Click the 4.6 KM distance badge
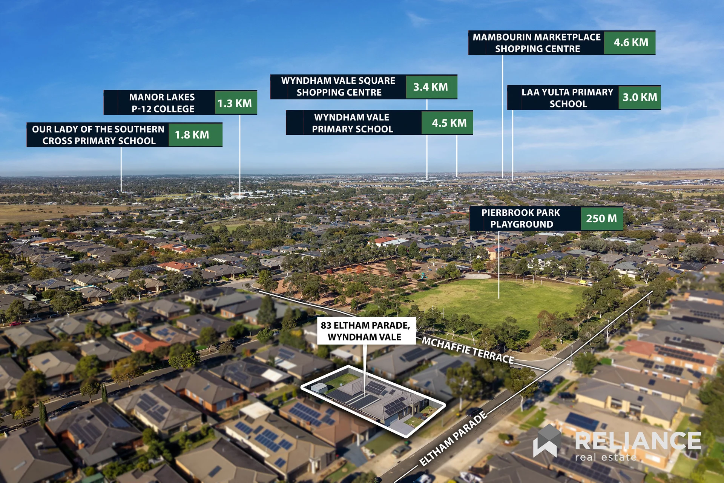tap(630, 43)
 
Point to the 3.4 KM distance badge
tap(431, 87)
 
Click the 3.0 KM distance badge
tap(640, 97)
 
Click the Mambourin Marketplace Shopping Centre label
tap(537, 43)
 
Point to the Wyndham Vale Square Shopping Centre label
tap(338, 87)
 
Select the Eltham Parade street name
tap(453, 438)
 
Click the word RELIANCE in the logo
tap(638, 441)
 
